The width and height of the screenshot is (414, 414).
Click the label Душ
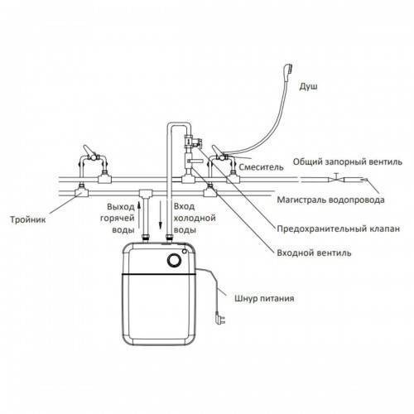[x=308, y=86]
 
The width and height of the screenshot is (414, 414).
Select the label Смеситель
[x=261, y=167]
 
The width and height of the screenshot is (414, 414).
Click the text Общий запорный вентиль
[x=348, y=161]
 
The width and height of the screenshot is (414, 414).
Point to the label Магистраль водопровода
[x=330, y=200]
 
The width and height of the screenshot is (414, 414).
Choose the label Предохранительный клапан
[x=339, y=229]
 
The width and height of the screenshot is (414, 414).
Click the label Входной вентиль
[x=314, y=253]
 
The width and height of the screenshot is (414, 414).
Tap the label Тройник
[x=28, y=220]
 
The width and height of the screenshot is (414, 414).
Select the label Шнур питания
[x=264, y=298]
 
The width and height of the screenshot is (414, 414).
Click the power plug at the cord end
[x=220, y=318]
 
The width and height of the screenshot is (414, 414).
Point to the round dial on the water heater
[x=174, y=260]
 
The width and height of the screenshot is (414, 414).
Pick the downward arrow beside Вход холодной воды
[x=160, y=215]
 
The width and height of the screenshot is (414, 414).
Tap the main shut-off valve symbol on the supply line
[x=336, y=179]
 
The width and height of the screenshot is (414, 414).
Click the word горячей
[x=118, y=218]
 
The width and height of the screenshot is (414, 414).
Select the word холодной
[x=195, y=218]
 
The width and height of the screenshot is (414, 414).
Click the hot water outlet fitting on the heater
[x=146, y=238]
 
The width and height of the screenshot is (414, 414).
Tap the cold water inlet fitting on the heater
[x=169, y=238]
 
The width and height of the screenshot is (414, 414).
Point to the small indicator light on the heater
[x=185, y=251]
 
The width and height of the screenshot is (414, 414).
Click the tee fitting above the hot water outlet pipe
[x=146, y=193]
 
